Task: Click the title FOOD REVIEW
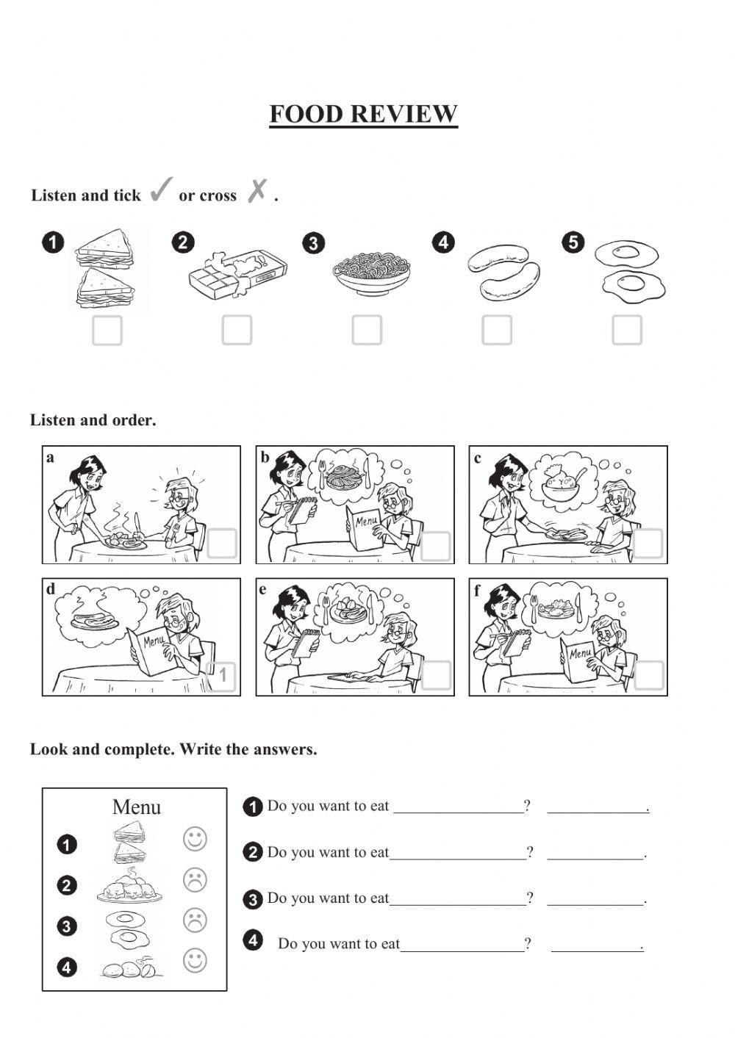click(363, 115)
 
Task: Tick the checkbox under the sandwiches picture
click(107, 331)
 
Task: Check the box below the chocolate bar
click(237, 331)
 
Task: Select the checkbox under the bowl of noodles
click(367, 331)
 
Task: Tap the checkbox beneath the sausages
click(497, 331)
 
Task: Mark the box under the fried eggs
click(627, 331)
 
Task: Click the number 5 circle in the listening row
click(573, 242)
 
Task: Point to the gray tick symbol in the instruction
click(161, 190)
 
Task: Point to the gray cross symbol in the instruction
click(257, 191)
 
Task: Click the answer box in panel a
click(222, 544)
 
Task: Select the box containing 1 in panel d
click(221, 676)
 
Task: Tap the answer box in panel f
click(648, 676)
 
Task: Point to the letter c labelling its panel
click(478, 458)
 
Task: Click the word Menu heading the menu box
click(136, 807)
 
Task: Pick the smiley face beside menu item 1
click(195, 839)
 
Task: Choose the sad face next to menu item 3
click(195, 920)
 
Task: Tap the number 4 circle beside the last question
click(252, 940)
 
